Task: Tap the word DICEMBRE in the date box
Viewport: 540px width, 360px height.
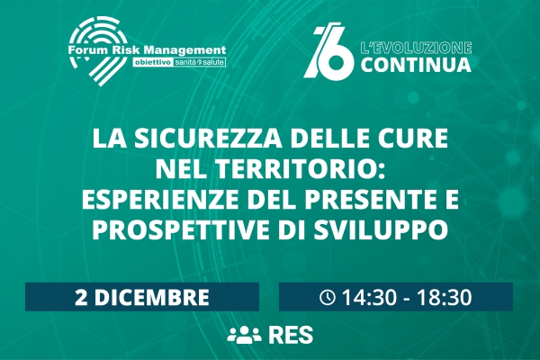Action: pyautogui.click(x=151, y=297)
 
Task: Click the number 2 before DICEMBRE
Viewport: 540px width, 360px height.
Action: pyautogui.click(x=81, y=297)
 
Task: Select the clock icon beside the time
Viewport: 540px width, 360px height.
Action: pyautogui.click(x=328, y=297)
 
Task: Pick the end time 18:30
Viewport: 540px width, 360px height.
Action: pyautogui.click(x=444, y=297)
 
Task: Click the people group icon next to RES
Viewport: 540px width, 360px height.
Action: pyautogui.click(x=245, y=335)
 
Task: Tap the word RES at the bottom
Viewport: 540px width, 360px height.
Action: pyautogui.click(x=292, y=335)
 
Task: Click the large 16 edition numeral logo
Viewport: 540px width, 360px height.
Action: pyautogui.click(x=328, y=51)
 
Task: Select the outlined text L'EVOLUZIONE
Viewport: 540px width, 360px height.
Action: pyautogui.click(x=416, y=49)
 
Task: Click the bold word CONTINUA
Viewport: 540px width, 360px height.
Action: pyautogui.click(x=416, y=65)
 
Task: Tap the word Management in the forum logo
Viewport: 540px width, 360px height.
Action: pyautogui.click(x=184, y=50)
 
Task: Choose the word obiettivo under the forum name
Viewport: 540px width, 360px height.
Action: pyautogui.click(x=153, y=63)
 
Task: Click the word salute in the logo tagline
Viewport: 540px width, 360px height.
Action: pyautogui.click(x=213, y=63)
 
